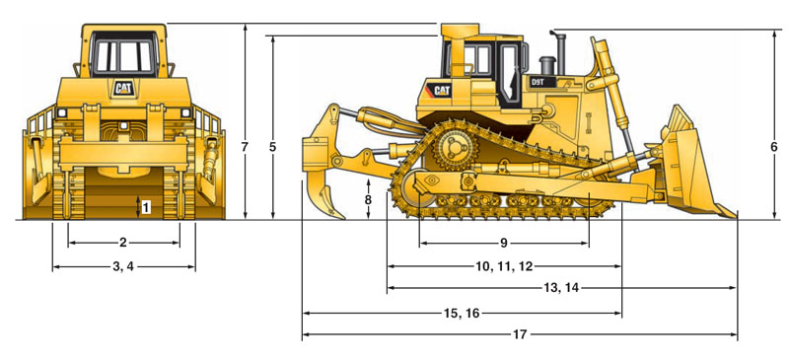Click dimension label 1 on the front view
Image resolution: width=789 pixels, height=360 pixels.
coord(146,207)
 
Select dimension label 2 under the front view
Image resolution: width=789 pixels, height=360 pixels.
coord(123,243)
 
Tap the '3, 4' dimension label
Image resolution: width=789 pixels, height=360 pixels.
coord(123,267)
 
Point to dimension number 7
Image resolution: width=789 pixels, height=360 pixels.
coord(245,148)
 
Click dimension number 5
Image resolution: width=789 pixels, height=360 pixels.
coord(272,148)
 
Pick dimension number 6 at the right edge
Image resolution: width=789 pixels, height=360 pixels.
coord(774,148)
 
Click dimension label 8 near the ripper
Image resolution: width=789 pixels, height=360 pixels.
coord(368,199)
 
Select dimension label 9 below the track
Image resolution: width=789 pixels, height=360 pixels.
coord(504,243)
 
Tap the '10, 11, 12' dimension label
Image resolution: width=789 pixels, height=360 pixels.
coord(504,266)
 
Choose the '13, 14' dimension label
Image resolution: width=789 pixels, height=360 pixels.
coord(559,288)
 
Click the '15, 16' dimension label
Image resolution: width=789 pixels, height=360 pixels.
coord(462,314)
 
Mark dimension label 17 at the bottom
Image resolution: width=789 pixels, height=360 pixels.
coord(520,334)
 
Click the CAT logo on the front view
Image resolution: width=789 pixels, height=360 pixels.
coord(124,89)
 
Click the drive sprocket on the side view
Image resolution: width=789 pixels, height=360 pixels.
coord(455,148)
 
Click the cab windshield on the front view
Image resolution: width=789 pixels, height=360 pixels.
coord(124,54)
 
